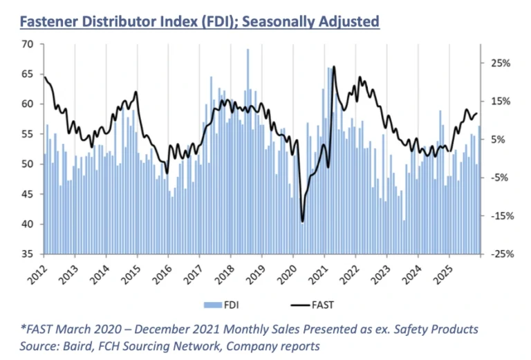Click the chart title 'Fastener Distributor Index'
[200, 21]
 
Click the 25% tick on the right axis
[501, 63]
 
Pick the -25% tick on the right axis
[500, 254]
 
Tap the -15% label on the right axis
[500, 216]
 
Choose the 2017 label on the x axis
[195, 270]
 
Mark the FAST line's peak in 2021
[335, 67]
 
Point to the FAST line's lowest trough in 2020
[302, 221]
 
